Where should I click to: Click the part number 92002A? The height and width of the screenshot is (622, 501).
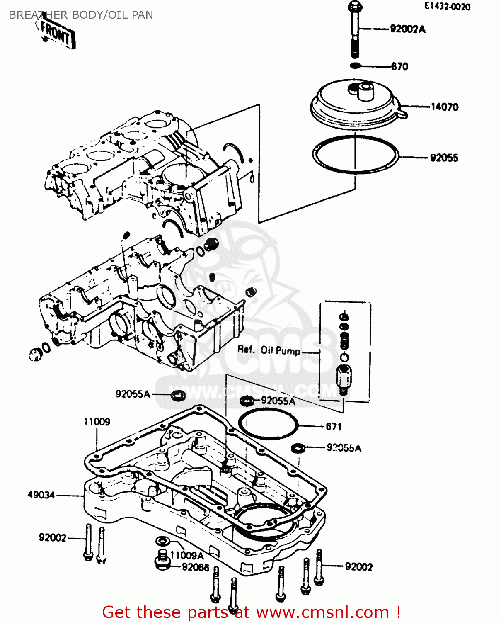[x=407, y=29]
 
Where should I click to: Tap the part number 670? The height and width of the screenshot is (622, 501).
[x=399, y=66]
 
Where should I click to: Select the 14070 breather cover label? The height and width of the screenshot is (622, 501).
[x=444, y=107]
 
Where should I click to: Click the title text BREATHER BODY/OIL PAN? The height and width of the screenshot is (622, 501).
[x=81, y=15]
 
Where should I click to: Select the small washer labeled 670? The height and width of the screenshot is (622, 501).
[x=355, y=66]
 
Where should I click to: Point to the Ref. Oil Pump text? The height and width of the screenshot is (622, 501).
[x=269, y=350]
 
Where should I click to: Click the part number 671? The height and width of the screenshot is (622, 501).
[x=334, y=427]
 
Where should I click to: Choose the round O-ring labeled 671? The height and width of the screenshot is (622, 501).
[x=268, y=423]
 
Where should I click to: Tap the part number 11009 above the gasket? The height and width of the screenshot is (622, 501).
[x=97, y=422]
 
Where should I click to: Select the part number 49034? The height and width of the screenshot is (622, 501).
[x=41, y=495]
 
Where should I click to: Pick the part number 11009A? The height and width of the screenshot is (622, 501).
[x=187, y=555]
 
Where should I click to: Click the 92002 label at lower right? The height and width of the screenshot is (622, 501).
[x=358, y=567]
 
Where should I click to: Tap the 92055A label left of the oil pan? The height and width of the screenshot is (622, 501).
[x=133, y=394]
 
